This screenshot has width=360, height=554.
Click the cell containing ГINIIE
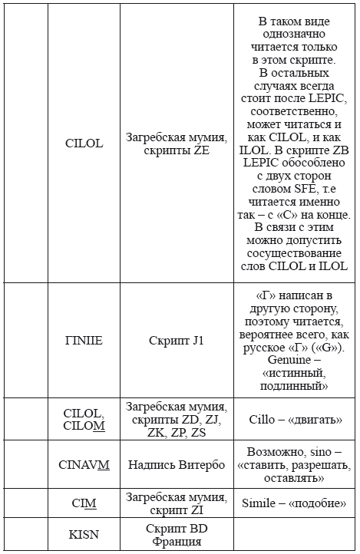point(84,340)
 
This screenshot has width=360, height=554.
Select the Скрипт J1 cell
point(177,340)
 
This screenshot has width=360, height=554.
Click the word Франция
point(177,542)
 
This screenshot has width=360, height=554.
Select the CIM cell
point(84,503)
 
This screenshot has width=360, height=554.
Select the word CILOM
point(84,426)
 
